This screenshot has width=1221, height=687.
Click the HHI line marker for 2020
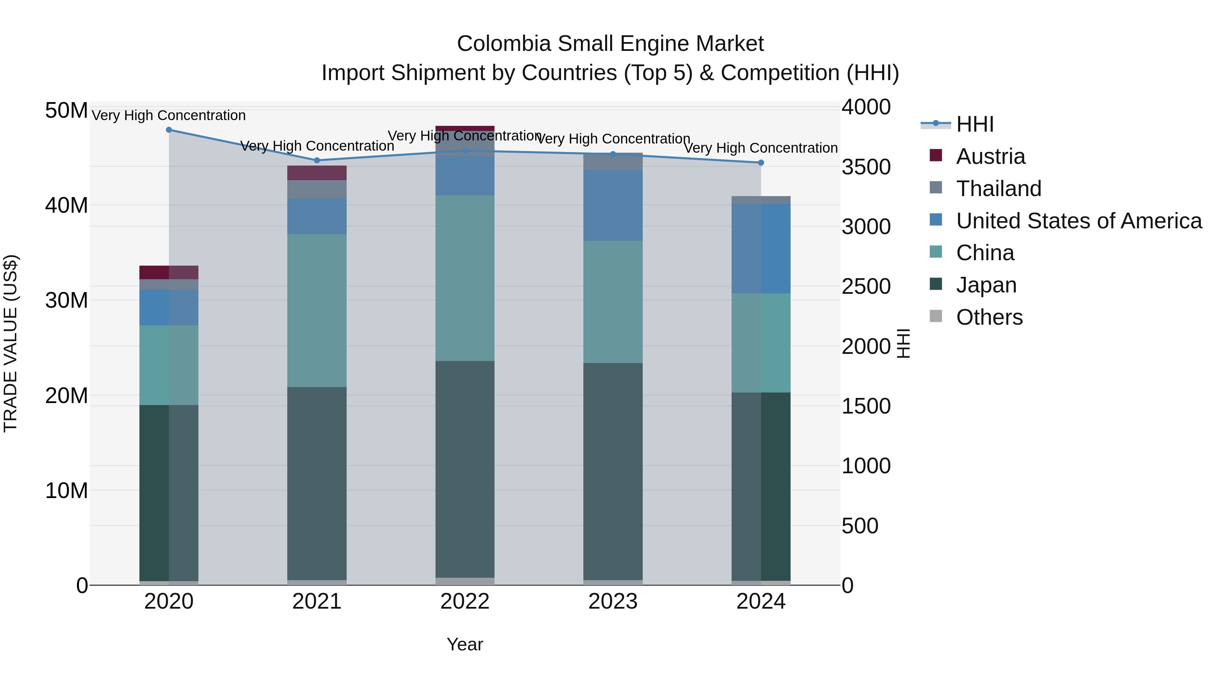point(169,130)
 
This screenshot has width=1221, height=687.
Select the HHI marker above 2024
point(761,163)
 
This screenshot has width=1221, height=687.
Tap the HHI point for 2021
point(317,160)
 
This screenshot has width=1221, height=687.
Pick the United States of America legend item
point(1078,221)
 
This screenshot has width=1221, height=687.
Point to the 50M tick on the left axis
point(66,111)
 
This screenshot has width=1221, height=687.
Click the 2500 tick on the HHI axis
point(866,286)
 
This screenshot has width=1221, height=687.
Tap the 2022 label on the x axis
point(465,602)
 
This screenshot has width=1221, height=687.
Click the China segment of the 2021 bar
point(317,310)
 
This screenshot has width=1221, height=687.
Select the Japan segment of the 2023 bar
point(613,472)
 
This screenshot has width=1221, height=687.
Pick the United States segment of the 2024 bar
point(761,249)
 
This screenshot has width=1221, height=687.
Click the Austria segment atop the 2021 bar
point(317,173)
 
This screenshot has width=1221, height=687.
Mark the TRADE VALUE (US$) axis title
point(11,343)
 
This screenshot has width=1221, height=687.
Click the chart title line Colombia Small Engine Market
point(610,44)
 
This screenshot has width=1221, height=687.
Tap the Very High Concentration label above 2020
point(169,116)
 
